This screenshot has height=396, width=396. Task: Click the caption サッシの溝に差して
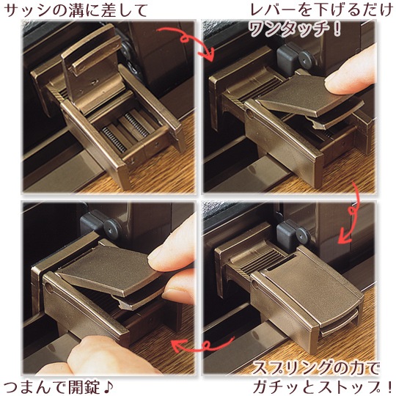coord(76,10)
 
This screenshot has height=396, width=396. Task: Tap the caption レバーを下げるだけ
coord(321,10)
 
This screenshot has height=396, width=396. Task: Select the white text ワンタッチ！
coord(295,29)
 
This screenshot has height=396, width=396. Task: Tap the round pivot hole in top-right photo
coord(250,112)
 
